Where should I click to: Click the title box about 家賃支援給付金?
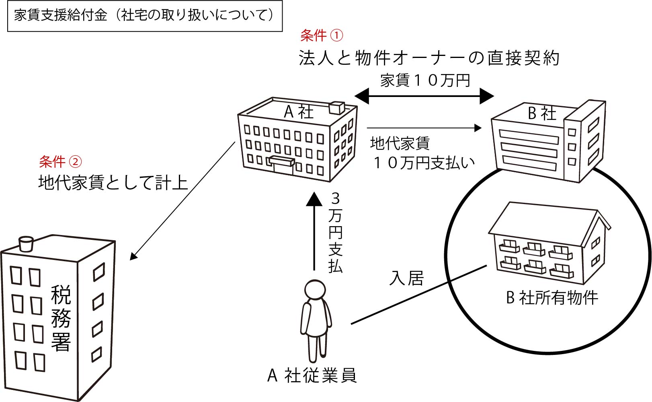[x=145, y=16]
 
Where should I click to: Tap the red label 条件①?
[x=322, y=36]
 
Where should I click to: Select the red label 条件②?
[x=60, y=162]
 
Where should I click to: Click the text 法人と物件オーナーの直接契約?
[x=429, y=58]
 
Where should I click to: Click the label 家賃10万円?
[x=425, y=80]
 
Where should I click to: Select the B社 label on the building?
[x=542, y=114]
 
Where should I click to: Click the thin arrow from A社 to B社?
[x=424, y=128]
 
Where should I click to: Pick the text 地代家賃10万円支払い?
[x=422, y=153]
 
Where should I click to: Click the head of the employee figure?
[x=315, y=290]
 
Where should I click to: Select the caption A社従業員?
[x=312, y=375]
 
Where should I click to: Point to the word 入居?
[x=407, y=278]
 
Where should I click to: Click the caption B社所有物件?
[x=552, y=298]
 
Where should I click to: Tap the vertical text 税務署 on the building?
[x=61, y=318]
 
